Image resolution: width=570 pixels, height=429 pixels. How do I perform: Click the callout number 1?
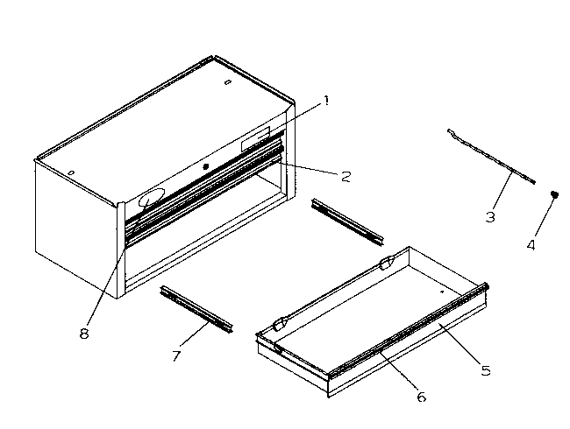(x=325, y=101)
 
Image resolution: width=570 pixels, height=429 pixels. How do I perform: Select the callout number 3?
(x=490, y=215)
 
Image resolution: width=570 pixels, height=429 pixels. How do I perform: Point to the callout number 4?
(x=530, y=245)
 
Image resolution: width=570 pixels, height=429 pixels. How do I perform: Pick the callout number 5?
(x=485, y=370)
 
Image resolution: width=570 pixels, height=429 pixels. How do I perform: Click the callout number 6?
(x=421, y=397)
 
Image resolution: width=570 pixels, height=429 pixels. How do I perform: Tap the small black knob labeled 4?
(x=554, y=194)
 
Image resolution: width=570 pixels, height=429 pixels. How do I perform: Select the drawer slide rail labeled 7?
(x=197, y=310)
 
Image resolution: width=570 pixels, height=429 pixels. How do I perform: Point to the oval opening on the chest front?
(x=154, y=199)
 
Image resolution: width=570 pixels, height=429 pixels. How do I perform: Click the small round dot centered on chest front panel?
(x=206, y=166)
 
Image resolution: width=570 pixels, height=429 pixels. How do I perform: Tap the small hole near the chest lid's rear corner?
(x=227, y=82)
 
